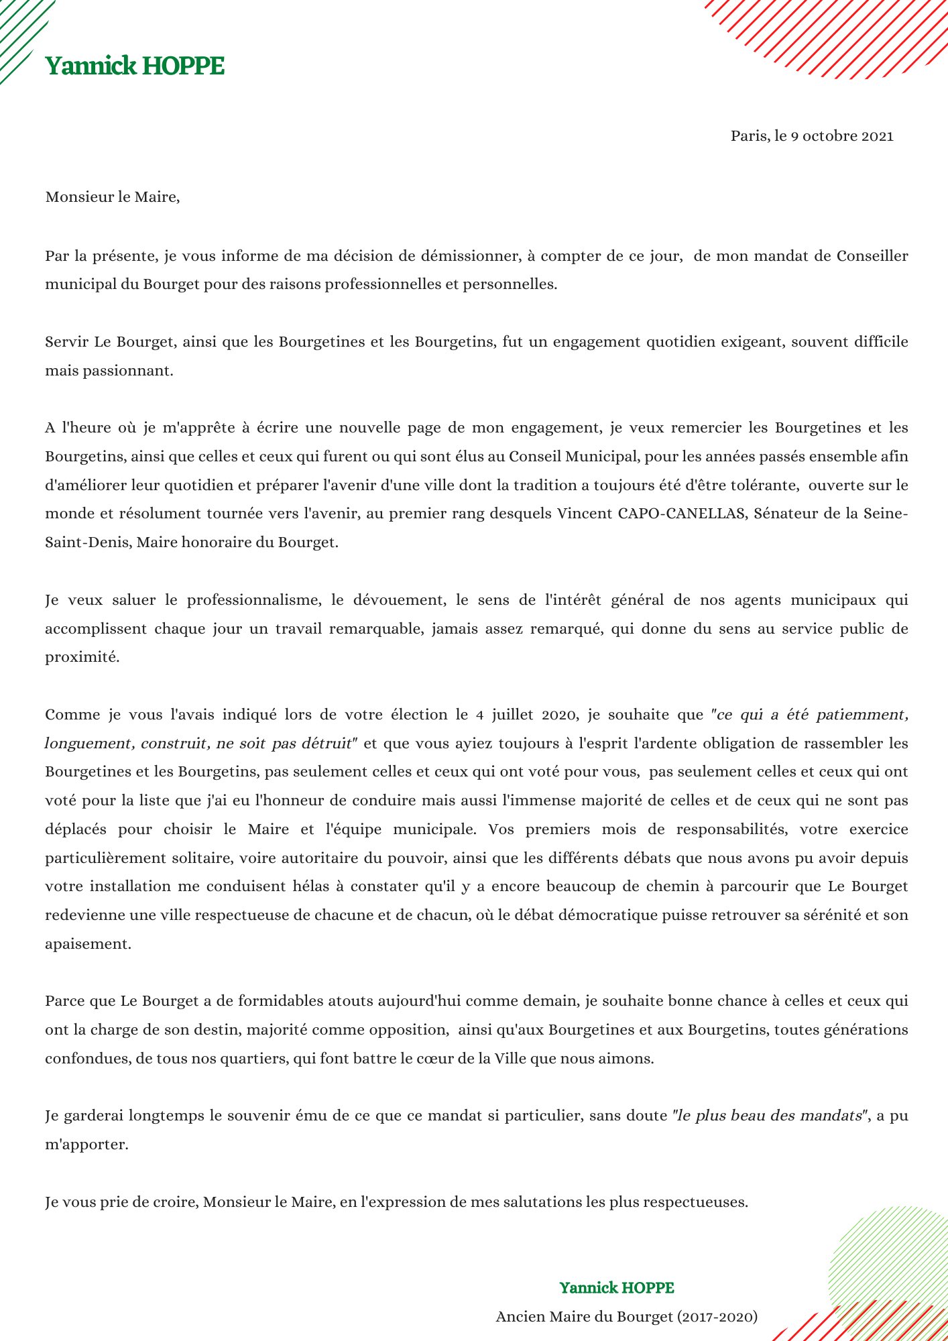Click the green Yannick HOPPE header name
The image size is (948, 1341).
[x=135, y=66]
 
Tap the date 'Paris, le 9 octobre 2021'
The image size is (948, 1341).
[x=812, y=136]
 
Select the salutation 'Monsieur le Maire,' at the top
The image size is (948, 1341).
[x=113, y=197]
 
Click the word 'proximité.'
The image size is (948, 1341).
[x=82, y=657]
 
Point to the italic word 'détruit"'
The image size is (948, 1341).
[x=329, y=744]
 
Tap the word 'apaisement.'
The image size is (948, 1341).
[x=88, y=944]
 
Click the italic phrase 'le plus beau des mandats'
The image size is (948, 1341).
[x=770, y=1116]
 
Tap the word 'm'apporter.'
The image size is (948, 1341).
[x=86, y=1145]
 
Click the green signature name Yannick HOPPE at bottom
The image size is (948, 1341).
[x=617, y=1288]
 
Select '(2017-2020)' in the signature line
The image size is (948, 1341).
[x=717, y=1317]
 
